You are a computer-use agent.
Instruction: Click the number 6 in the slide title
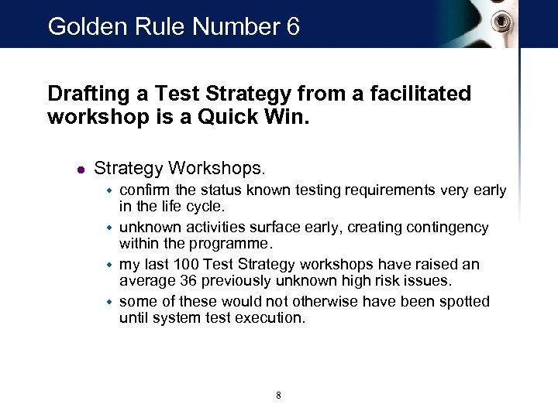291,27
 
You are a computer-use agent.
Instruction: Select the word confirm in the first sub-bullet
145,190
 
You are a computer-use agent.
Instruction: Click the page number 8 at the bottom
278,396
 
